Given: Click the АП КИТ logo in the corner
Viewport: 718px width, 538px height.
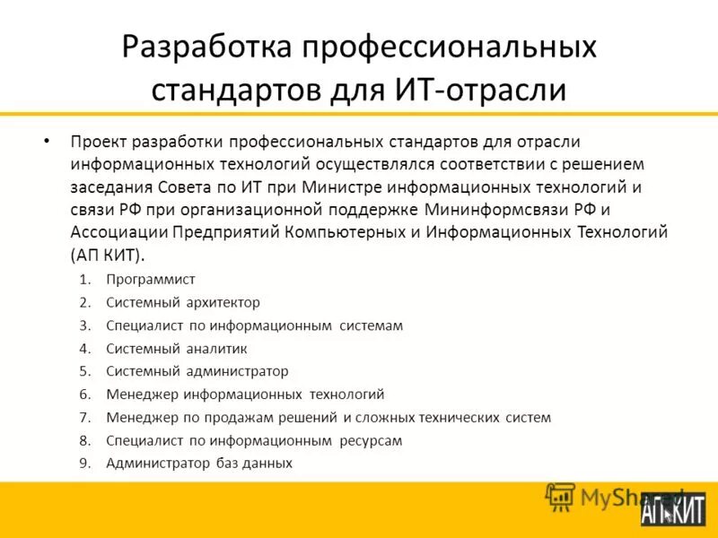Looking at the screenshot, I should [674, 508].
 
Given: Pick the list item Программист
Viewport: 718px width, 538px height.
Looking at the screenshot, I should [151, 279].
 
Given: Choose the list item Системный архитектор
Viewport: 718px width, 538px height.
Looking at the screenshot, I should [183, 302].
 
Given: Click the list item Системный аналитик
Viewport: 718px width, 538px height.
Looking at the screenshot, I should [177, 348].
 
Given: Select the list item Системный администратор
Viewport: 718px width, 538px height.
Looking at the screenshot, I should [197, 371].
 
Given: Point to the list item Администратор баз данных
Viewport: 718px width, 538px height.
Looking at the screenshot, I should [199, 464].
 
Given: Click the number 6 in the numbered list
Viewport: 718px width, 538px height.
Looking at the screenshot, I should [84, 395].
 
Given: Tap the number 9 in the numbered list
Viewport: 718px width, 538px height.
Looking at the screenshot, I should [84, 464].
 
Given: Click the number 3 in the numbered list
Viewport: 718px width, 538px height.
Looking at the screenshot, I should [84, 325].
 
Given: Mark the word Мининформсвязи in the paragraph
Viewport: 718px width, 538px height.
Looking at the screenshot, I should [517, 210].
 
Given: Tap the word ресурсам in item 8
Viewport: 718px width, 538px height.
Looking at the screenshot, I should [371, 440].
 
